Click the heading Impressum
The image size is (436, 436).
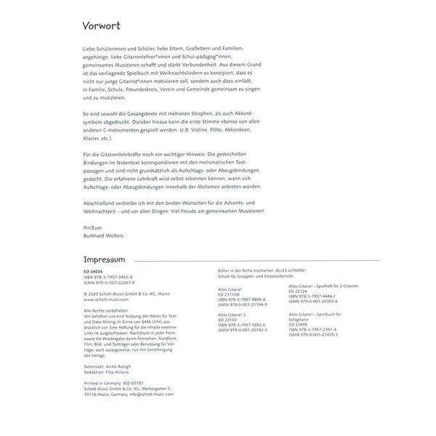click(105, 259)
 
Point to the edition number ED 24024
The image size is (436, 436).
click(94, 270)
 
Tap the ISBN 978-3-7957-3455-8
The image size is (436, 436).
click(109, 275)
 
